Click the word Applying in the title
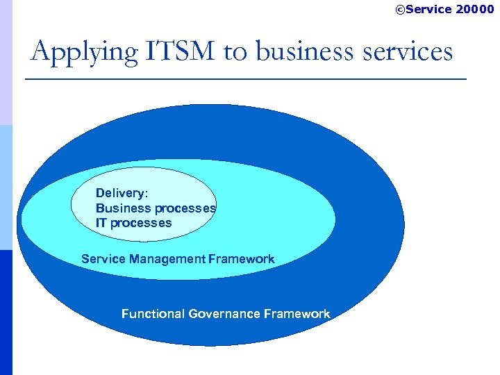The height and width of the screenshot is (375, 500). click(72, 52)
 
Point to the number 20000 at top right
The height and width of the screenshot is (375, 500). click(475, 9)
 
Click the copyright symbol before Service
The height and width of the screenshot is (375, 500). click(400, 9)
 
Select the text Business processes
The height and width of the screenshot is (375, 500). click(156, 208)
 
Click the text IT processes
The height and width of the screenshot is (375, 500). click(133, 223)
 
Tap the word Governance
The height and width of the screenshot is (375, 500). click(226, 314)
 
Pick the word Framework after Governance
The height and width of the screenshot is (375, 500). click(297, 314)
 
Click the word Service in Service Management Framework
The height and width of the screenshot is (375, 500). click(103, 259)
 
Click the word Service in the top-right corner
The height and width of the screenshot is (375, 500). click(428, 9)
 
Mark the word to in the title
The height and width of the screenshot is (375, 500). click(235, 52)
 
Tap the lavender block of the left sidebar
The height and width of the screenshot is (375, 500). click(6, 62)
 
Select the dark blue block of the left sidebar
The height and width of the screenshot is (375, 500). click(6, 312)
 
